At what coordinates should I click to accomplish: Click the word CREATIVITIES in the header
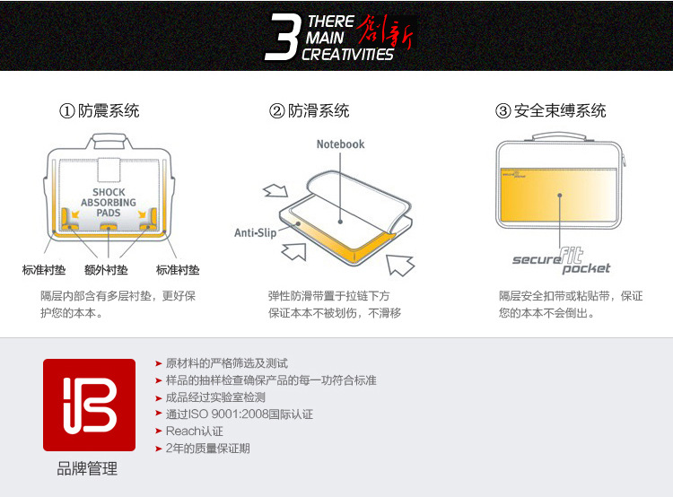pyautogui.click(x=347, y=55)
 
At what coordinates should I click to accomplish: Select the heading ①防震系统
pyautogui.click(x=100, y=111)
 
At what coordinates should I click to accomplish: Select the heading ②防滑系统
pyautogui.click(x=310, y=111)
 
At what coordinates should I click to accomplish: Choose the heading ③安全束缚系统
pyautogui.click(x=551, y=111)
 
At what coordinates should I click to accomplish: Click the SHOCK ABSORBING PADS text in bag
pyautogui.click(x=109, y=203)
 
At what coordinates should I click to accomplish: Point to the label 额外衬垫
pyautogui.click(x=106, y=270)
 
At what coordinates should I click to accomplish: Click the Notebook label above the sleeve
pyautogui.click(x=341, y=144)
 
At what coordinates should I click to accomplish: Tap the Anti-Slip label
pyautogui.click(x=255, y=232)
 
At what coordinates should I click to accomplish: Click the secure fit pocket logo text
pyautogui.click(x=561, y=261)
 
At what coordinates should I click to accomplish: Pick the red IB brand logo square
pyautogui.click(x=89, y=405)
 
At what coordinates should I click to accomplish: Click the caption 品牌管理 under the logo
pyautogui.click(x=88, y=469)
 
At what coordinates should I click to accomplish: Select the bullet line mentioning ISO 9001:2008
pyautogui.click(x=239, y=414)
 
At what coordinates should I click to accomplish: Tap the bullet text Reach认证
pyautogui.click(x=194, y=432)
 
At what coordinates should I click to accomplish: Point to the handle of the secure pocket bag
pyautogui.click(x=559, y=137)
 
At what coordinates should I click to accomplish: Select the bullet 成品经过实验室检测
pyautogui.click(x=215, y=397)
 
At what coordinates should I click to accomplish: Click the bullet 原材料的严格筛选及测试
pyautogui.click(x=226, y=363)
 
